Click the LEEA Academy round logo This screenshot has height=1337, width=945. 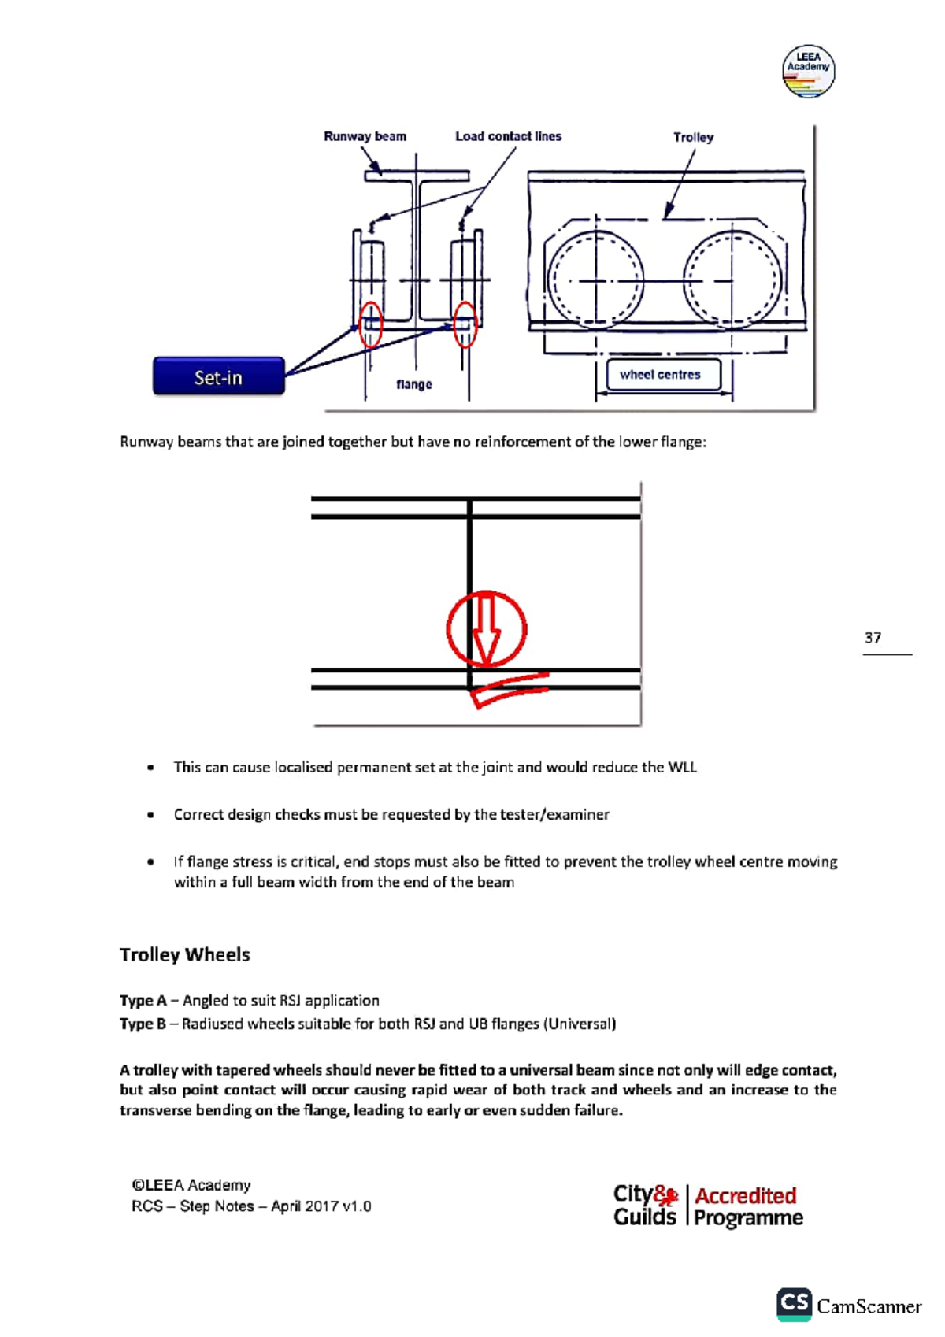(x=808, y=72)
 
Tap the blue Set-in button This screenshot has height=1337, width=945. (x=218, y=376)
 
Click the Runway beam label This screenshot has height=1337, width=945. (x=365, y=136)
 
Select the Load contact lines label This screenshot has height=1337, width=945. (x=508, y=136)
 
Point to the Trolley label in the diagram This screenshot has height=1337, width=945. (x=693, y=137)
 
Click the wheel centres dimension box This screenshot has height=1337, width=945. (x=660, y=375)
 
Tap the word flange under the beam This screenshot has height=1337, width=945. (x=413, y=384)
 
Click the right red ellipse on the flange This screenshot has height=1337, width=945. (x=465, y=324)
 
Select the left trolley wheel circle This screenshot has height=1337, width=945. (x=595, y=280)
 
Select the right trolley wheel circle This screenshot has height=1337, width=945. (x=733, y=280)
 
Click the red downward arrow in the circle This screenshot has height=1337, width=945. (x=486, y=628)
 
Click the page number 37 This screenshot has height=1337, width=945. (x=873, y=638)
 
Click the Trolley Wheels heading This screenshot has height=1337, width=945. (x=185, y=954)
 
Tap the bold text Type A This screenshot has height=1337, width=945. (x=143, y=1001)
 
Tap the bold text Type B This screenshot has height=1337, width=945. (x=143, y=1024)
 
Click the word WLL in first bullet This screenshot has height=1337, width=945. (x=682, y=767)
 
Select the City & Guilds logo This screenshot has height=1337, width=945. (x=645, y=1206)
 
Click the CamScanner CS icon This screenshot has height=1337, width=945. (x=794, y=1304)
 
